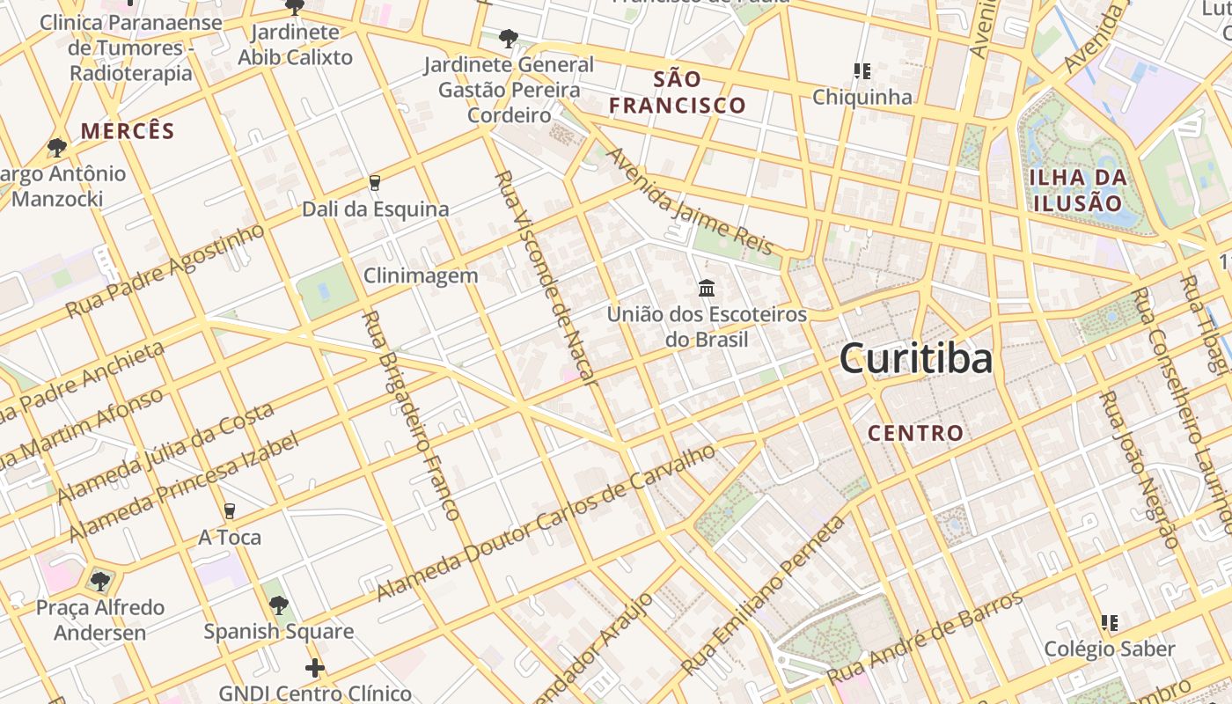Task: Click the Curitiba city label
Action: [916, 359]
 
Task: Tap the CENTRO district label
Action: [916, 433]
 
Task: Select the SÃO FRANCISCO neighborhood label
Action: [678, 92]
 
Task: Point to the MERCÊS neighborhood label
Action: [128, 132]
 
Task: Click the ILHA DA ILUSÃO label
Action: [1078, 190]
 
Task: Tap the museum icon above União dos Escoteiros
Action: [706, 288]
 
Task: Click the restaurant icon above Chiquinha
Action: [862, 70]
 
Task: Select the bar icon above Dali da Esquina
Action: [375, 183]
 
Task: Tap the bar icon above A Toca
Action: [230, 511]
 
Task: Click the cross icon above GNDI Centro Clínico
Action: [314, 669]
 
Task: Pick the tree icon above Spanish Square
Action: [279, 605]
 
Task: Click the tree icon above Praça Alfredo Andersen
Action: [99, 582]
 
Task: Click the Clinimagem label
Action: [421, 275]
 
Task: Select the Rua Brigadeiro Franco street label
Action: [411, 414]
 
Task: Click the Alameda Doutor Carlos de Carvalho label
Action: [546, 524]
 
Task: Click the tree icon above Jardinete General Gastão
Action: [508, 39]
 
